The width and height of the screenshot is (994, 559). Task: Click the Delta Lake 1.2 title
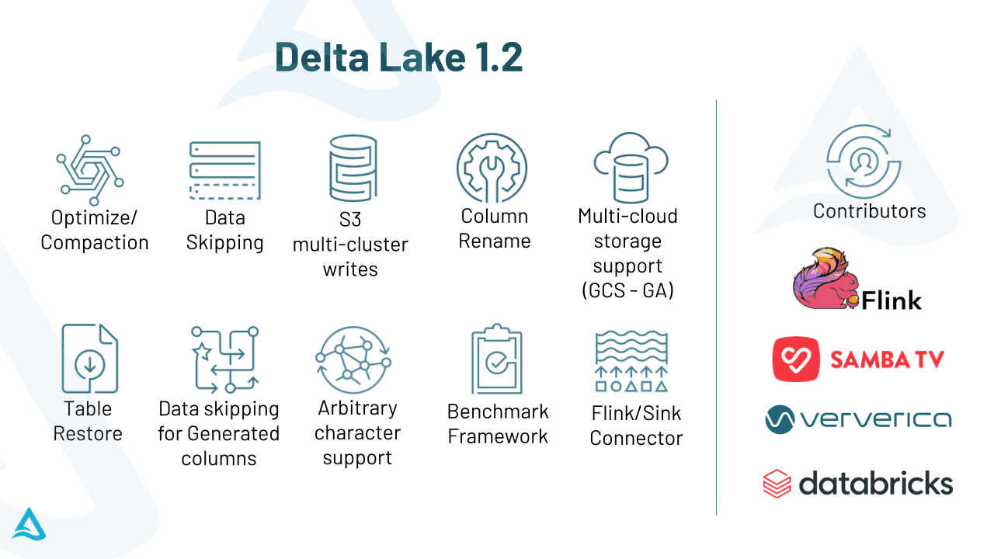tap(398, 57)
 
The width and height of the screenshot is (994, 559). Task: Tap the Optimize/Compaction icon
tap(90, 170)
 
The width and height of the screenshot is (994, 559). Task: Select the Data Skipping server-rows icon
tap(225, 170)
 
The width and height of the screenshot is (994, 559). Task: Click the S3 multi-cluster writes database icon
tap(353, 168)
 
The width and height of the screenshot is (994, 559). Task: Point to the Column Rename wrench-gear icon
tap(492, 168)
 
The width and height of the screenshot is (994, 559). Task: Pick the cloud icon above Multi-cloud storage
tap(631, 168)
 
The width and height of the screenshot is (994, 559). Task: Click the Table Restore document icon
tap(90, 359)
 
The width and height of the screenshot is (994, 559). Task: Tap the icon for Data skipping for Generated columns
tap(225, 359)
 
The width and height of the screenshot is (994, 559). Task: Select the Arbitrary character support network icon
tap(353, 359)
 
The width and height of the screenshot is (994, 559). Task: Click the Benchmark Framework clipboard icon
tap(497, 359)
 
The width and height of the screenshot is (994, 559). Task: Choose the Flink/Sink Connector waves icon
tap(631, 361)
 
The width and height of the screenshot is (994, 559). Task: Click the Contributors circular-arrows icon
tap(864, 161)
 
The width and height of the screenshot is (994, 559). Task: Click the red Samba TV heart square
tap(796, 359)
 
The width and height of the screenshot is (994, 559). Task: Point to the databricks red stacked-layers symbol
tap(777, 484)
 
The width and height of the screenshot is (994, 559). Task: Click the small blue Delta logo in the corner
tap(29, 524)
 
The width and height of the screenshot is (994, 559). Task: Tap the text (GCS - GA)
tap(627, 291)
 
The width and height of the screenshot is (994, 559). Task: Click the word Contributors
tap(869, 211)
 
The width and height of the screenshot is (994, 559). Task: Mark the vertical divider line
tap(716, 307)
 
